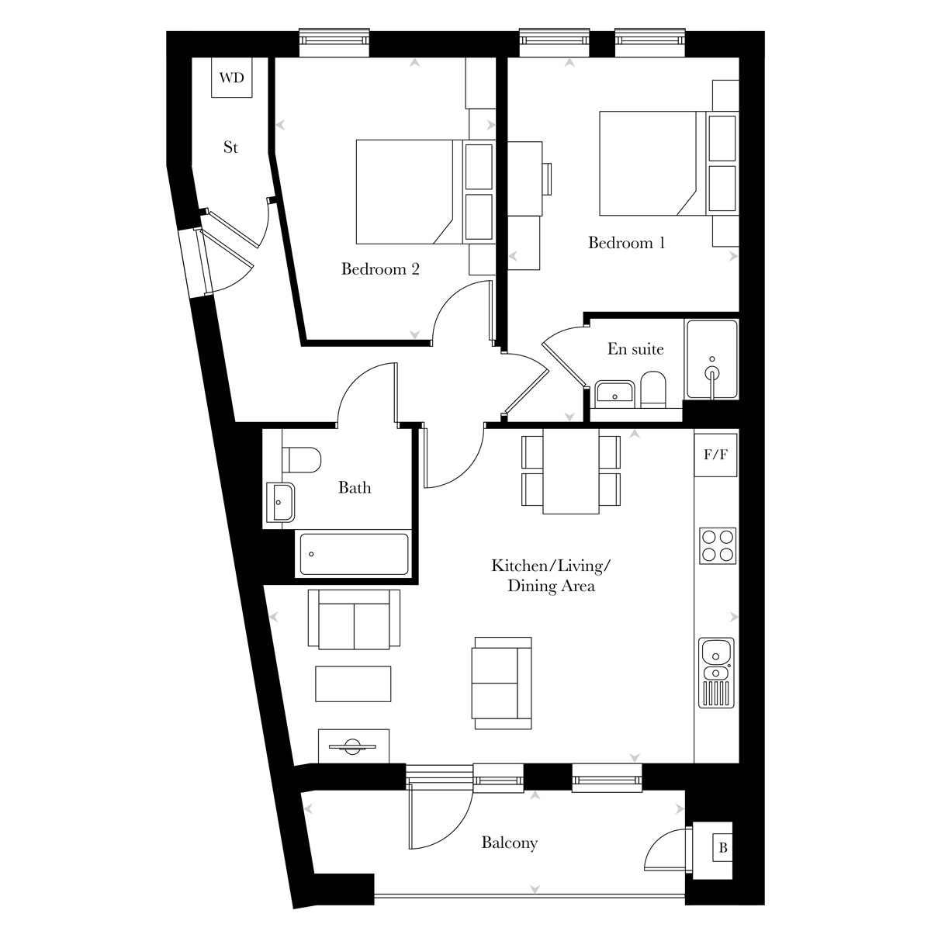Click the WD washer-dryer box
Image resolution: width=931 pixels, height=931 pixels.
coord(231,78)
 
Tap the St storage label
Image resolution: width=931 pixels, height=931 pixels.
coord(230,147)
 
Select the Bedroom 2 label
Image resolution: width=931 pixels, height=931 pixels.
coord(380,268)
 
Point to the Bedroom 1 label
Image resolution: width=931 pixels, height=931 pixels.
coord(626,242)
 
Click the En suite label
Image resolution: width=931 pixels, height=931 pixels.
coord(635,348)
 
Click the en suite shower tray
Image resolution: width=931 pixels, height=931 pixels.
coord(712,359)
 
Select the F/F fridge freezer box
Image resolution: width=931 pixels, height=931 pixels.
coord(716,455)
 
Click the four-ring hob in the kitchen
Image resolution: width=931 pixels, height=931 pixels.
coord(718,546)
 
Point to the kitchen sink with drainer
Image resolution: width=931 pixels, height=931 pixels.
coord(716,673)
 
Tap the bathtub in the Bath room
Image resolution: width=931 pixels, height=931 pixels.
coord(353,554)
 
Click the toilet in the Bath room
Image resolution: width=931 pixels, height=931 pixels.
coord(300,459)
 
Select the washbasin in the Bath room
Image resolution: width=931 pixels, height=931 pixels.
coord(280,502)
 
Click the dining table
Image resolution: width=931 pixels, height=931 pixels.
coord(571,471)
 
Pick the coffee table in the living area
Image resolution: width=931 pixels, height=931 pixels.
coord(353,684)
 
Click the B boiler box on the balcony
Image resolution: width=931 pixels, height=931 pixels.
coord(722,848)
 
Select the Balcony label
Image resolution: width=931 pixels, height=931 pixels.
coord(509,843)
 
